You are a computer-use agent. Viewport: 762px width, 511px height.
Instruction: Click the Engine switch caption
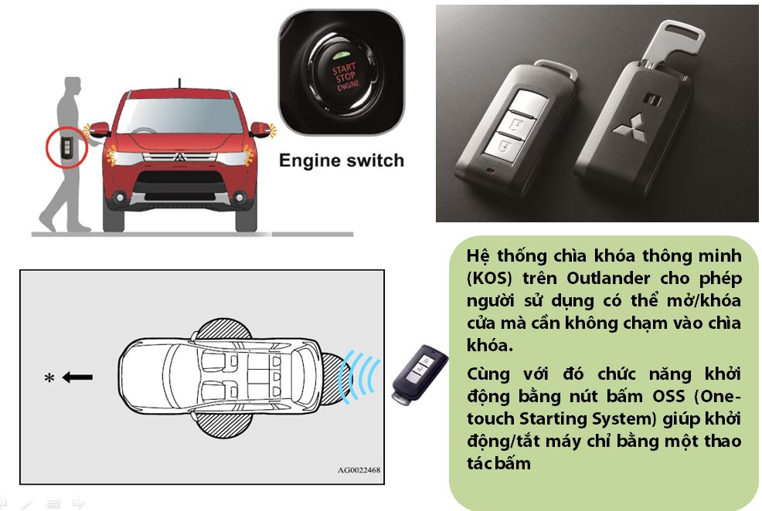pos(341,161)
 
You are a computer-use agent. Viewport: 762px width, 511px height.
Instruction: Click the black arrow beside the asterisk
pos(78,377)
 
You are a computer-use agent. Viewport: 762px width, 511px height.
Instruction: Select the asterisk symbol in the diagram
pos(49,377)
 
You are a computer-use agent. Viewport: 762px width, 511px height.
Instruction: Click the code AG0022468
pos(359,470)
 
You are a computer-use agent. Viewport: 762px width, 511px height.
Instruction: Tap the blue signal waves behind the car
pos(359,377)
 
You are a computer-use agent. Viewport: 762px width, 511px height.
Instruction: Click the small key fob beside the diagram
pos(420,373)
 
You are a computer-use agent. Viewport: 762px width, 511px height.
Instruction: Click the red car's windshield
pos(180,116)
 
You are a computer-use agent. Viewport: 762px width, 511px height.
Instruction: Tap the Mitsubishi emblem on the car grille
pos(179,157)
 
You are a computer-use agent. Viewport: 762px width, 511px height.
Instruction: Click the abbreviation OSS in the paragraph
pos(671,396)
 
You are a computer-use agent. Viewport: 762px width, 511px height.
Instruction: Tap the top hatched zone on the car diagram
pos(223,329)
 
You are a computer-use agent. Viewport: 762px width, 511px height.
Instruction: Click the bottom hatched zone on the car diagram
pos(223,425)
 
